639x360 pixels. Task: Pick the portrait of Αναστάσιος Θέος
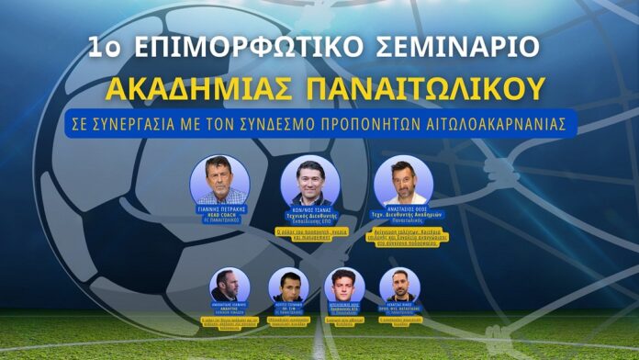click(405, 180)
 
